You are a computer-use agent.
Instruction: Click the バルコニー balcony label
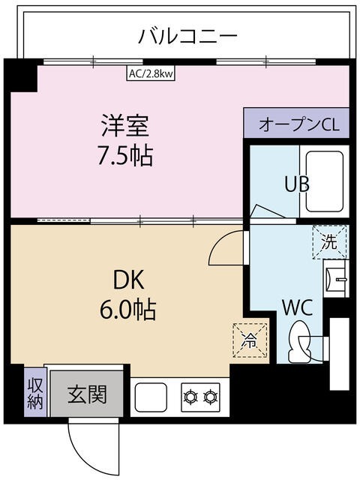(x=188, y=35)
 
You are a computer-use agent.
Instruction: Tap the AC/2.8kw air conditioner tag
(x=150, y=74)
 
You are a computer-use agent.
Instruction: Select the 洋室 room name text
(x=124, y=124)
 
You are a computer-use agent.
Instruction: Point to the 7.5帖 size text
(x=124, y=156)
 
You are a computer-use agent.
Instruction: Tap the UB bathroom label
(x=298, y=184)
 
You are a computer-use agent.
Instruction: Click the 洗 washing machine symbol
(x=330, y=241)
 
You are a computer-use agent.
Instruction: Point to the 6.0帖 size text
(x=128, y=310)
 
